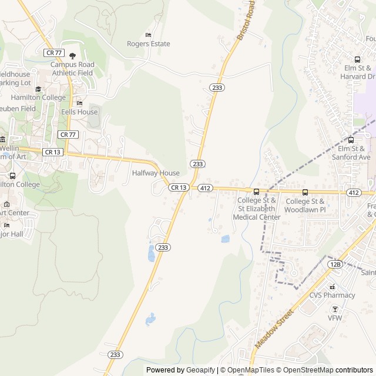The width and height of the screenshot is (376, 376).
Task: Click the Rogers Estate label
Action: (x=149, y=44)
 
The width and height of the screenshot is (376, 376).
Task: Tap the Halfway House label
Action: (x=156, y=173)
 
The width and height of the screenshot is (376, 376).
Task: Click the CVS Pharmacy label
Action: (x=333, y=296)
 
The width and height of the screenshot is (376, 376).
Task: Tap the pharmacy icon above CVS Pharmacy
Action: (x=332, y=286)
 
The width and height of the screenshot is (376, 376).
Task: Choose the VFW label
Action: (x=335, y=318)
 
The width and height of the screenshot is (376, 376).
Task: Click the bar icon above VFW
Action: (x=335, y=309)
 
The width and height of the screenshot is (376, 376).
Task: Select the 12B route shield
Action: (x=335, y=264)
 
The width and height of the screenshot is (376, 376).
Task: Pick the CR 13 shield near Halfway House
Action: (x=179, y=187)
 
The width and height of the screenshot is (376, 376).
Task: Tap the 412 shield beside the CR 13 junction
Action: (x=204, y=188)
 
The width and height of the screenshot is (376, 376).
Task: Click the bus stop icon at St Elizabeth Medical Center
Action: (x=256, y=192)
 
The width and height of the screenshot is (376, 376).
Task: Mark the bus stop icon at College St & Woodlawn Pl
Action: (x=305, y=192)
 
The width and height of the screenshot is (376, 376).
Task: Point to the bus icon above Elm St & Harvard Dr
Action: (x=357, y=59)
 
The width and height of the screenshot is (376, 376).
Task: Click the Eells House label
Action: (x=79, y=112)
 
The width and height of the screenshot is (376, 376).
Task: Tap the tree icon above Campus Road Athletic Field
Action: (x=72, y=56)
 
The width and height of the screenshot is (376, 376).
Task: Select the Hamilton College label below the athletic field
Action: (x=38, y=98)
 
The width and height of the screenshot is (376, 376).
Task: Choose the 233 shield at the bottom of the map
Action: (x=116, y=355)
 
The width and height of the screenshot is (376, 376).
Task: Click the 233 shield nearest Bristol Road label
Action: (x=217, y=87)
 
